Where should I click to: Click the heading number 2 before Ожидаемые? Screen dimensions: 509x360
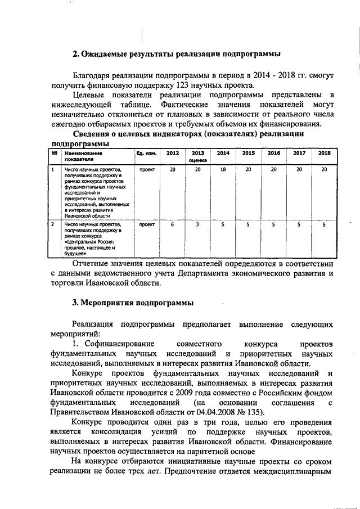pos(76,54)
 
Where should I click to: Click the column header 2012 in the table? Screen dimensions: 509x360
pos(173,153)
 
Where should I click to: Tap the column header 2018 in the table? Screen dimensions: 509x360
pos(324,153)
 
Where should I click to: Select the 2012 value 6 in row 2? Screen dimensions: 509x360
pos(173,224)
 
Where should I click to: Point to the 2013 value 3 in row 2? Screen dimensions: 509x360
pos(197,224)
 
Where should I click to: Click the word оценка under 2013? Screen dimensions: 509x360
pos(197,160)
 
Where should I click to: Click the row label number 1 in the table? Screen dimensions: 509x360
pos(53,169)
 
